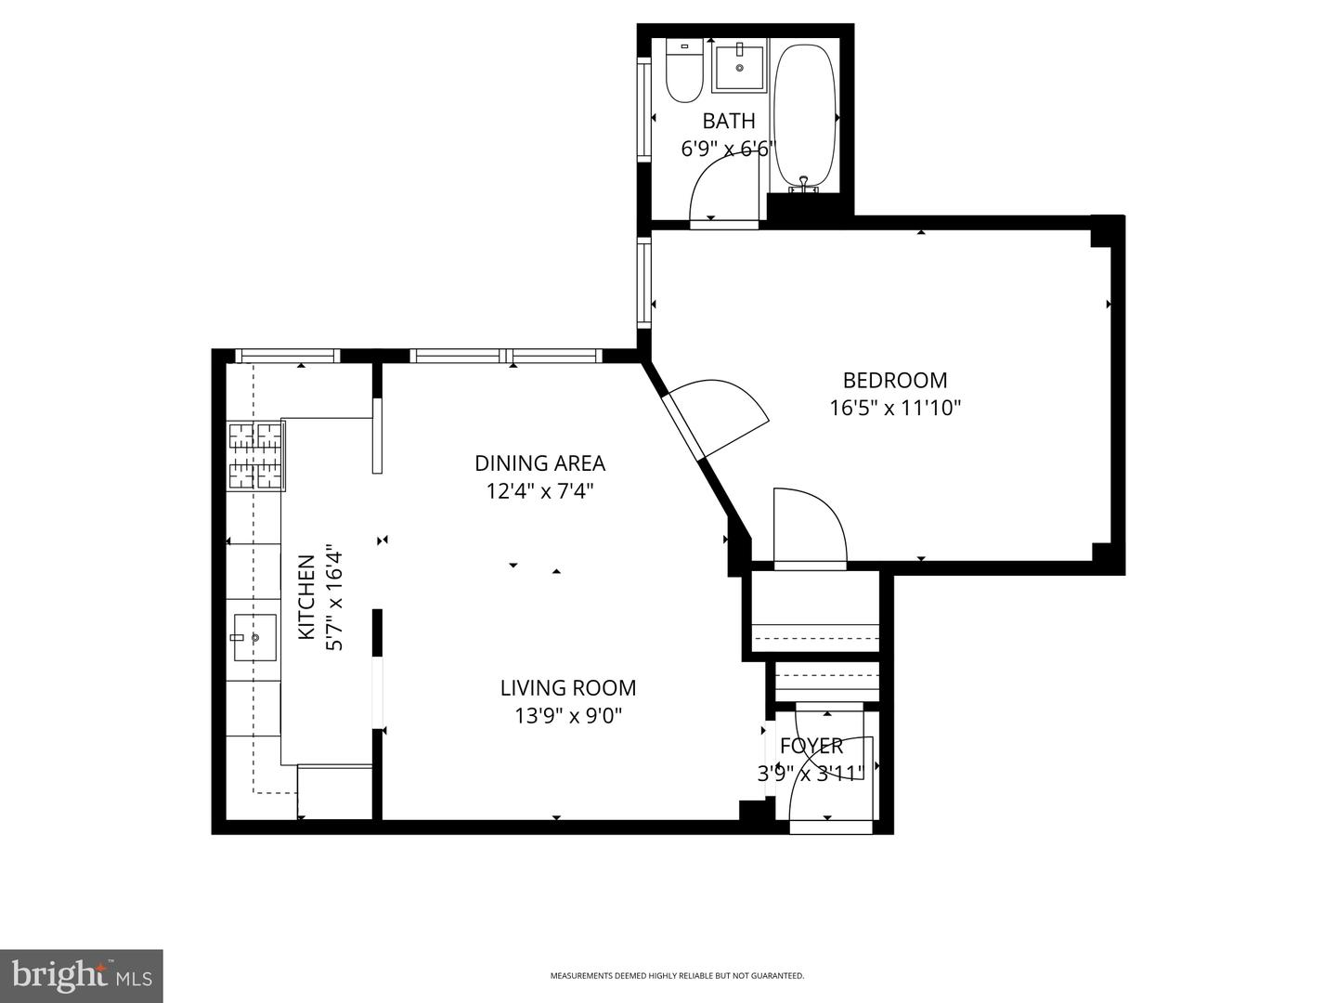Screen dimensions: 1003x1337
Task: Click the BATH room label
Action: click(x=728, y=121)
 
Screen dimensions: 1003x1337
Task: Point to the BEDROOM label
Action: click(x=894, y=380)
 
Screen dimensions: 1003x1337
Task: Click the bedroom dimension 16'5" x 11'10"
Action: click(x=894, y=408)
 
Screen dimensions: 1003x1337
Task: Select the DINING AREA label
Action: click(x=539, y=462)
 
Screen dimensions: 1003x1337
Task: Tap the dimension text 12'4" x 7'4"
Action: click(x=539, y=490)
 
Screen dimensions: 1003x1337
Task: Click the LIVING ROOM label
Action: click(x=567, y=688)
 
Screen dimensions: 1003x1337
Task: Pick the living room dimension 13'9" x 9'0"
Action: click(x=567, y=716)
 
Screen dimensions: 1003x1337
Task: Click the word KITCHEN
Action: click(x=305, y=597)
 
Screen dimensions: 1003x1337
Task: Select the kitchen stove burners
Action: click(x=256, y=454)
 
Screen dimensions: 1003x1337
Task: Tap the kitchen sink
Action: click(x=253, y=637)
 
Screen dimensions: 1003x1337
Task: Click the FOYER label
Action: click(x=811, y=746)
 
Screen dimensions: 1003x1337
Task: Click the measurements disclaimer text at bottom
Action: click(x=677, y=976)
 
